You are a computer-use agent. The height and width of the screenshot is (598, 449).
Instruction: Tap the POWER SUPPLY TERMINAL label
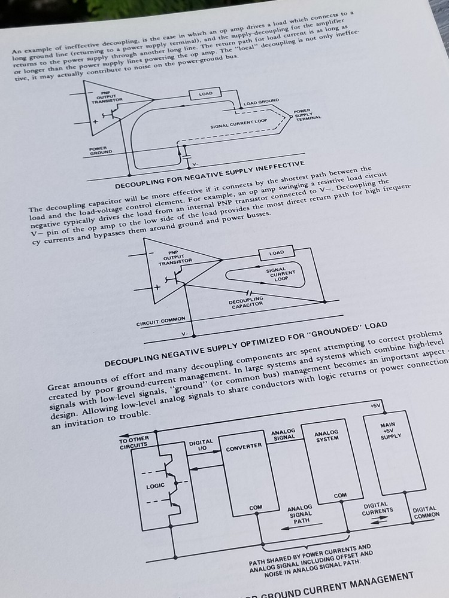305,115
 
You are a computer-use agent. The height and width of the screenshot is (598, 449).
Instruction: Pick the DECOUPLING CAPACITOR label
245,303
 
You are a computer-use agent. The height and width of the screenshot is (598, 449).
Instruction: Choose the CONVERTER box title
244,446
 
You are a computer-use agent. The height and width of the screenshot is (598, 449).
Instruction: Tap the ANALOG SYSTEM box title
326,435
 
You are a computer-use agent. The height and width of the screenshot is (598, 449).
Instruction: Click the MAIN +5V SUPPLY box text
391,431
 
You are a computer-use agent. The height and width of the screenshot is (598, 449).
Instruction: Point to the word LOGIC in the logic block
155,486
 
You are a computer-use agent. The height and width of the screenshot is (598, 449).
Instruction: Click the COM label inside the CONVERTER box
256,508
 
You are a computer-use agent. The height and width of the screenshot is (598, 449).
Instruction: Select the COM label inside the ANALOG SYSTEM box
340,496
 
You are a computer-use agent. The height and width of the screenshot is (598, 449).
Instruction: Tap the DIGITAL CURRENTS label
378,508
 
